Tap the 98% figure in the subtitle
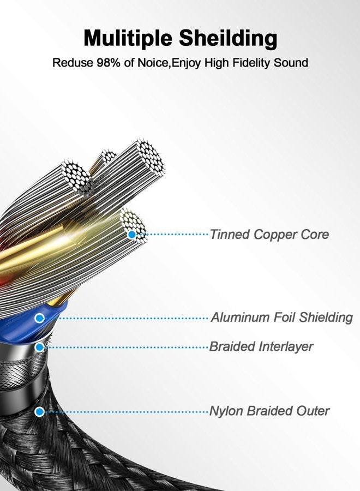tap(109, 63)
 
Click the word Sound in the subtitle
tap(291, 63)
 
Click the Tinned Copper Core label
tap(269, 234)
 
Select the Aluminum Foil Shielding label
tap(282, 317)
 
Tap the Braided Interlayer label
tap(261, 346)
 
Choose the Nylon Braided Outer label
tap(269, 411)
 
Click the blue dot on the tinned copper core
tap(132, 234)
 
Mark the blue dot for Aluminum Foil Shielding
tap(39, 318)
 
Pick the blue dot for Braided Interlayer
tap(39, 348)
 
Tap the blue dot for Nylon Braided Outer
tap(39, 412)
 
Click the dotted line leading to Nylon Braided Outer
tap(126, 412)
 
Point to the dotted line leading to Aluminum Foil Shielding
tap(126, 318)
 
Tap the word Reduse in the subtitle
tap(73, 63)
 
